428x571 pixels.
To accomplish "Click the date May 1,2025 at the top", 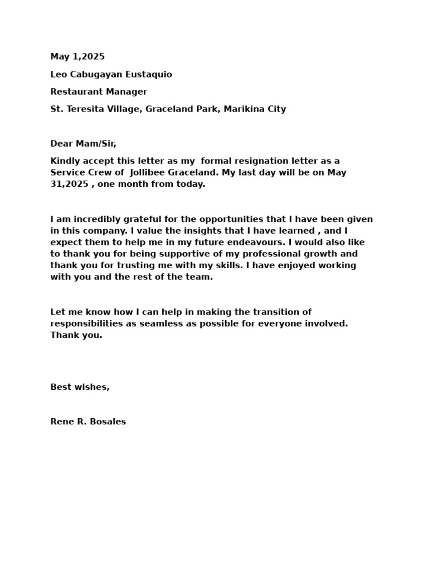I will click(x=77, y=56).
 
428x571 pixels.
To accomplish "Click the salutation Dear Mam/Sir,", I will click(x=83, y=143).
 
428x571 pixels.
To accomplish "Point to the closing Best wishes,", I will click(x=80, y=387).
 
